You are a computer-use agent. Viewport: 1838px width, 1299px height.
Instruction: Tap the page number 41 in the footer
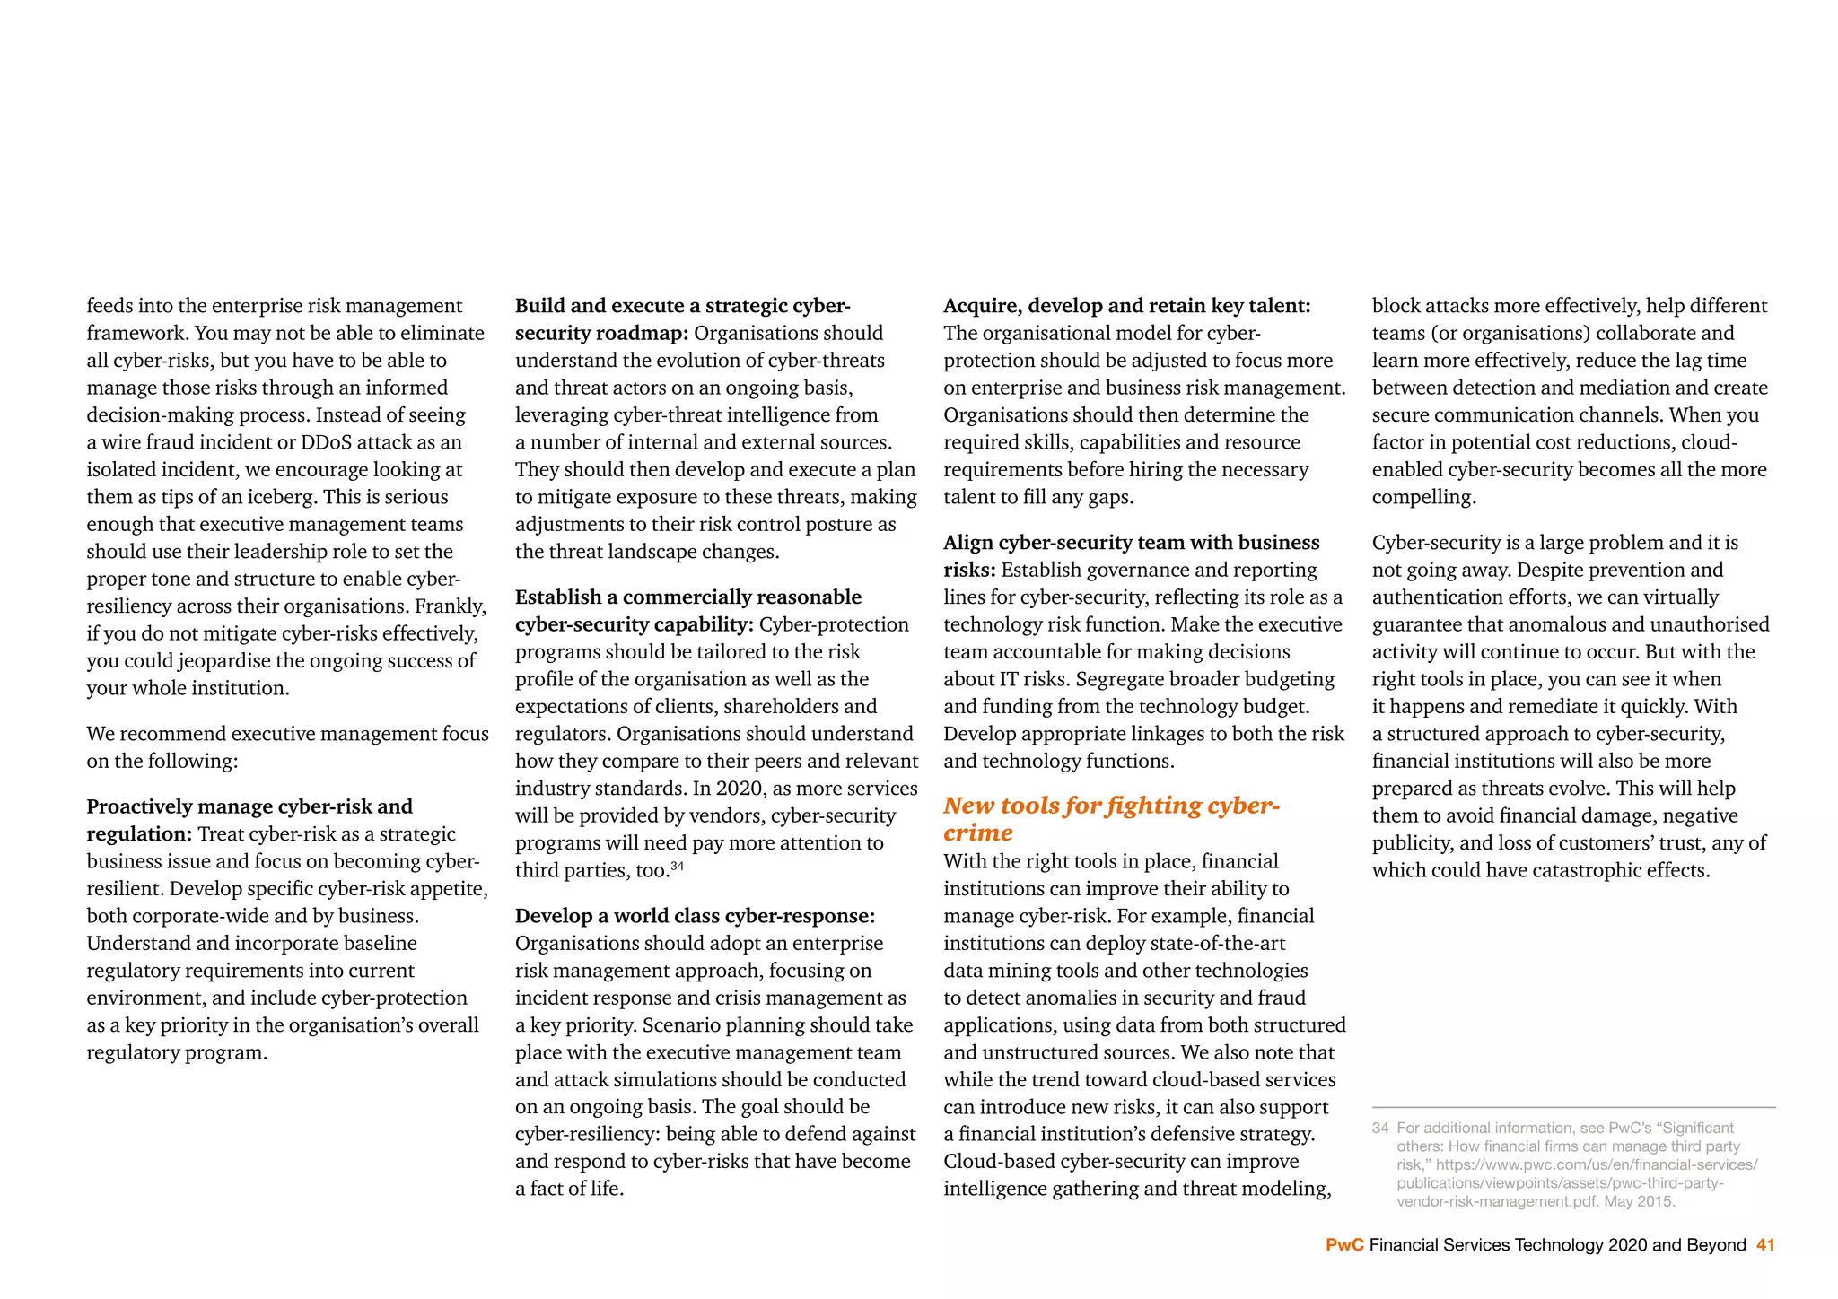1765,1245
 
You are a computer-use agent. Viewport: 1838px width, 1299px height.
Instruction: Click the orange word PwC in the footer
1344,1245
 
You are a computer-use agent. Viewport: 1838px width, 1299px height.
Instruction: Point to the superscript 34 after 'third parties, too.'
678,866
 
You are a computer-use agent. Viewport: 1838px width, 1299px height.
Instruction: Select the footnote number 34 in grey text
1380,1129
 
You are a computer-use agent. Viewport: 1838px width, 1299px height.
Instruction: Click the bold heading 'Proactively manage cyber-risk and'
249,806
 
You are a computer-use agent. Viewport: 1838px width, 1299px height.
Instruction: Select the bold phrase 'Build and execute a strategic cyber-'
682,306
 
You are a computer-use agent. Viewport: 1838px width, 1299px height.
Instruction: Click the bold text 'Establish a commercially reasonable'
687,597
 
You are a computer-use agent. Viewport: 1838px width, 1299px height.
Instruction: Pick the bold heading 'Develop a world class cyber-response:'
695,916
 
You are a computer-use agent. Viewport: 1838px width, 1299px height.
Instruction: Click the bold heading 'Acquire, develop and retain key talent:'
1126,306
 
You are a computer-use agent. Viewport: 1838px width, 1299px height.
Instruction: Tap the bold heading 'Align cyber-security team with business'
1131,543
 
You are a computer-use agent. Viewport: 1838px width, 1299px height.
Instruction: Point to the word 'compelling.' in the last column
1423,497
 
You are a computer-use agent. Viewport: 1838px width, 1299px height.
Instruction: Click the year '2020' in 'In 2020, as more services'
740,789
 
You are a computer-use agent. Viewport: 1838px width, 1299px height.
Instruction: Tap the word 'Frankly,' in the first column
451,606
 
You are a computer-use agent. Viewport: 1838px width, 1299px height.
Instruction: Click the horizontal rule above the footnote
1573,1108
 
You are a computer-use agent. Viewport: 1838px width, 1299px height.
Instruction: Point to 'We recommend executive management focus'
287,734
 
